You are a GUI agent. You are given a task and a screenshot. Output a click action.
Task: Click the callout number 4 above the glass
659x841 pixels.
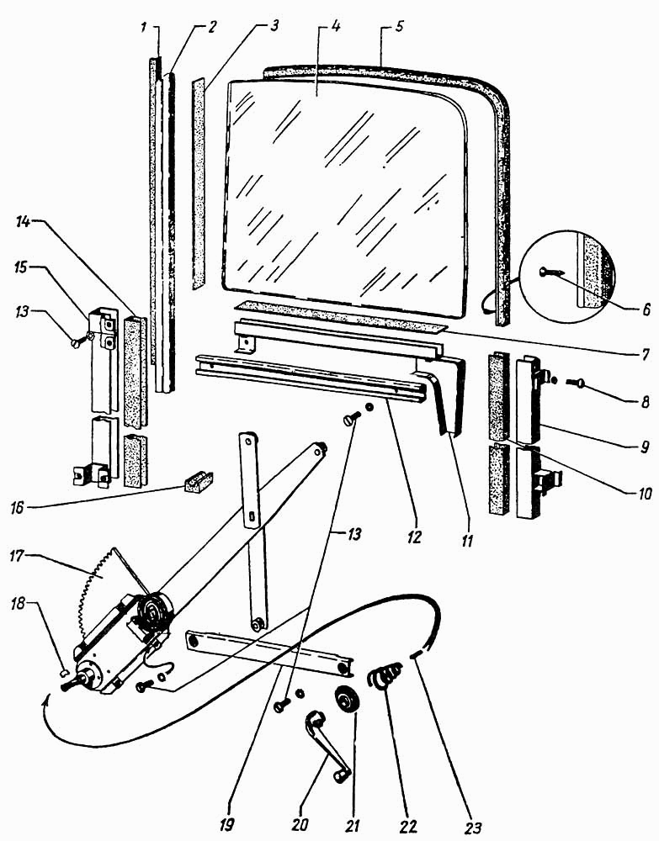click(336, 27)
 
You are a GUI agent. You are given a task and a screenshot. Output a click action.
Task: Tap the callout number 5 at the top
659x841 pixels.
click(400, 27)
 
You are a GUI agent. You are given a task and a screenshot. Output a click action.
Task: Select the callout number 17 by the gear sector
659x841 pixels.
click(18, 556)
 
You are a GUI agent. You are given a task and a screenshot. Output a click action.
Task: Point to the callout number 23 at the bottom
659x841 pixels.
click(474, 826)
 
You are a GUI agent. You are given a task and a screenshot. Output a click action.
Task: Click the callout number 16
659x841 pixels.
click(18, 507)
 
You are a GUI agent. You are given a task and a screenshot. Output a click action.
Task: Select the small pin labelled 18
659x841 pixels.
click(63, 670)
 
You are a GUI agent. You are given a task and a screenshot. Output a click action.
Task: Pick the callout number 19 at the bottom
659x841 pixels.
click(227, 826)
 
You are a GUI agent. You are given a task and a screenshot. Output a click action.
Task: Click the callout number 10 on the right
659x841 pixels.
click(644, 492)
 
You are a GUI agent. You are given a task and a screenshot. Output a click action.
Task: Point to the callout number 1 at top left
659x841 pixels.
click(144, 27)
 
